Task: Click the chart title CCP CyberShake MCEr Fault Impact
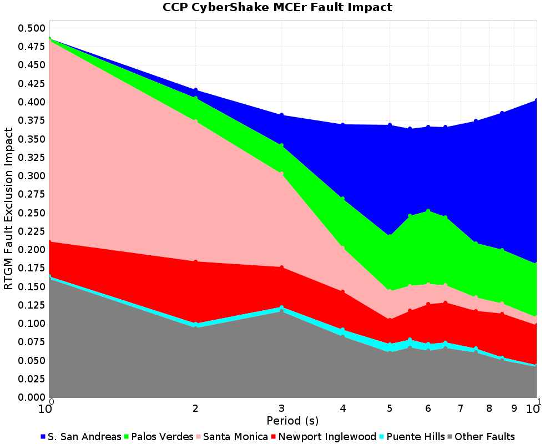(277, 7)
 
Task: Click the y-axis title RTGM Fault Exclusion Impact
(9, 209)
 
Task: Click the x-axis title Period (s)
(292, 420)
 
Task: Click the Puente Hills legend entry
(415, 437)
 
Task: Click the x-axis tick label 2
(195, 408)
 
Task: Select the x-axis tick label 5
(390, 408)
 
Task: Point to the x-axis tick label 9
(514, 408)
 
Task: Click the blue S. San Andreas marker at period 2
(195, 90)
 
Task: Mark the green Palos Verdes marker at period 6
(428, 211)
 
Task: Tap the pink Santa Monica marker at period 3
(281, 174)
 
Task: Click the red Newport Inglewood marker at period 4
(342, 292)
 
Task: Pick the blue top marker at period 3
(281, 115)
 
